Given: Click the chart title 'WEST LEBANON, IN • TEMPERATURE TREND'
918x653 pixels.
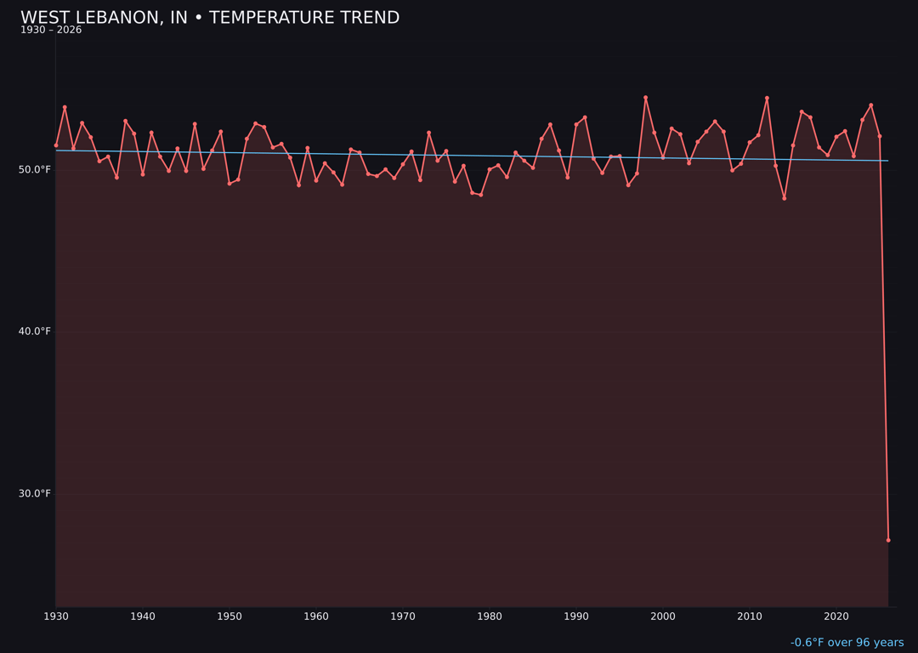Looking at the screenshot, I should point(210,18).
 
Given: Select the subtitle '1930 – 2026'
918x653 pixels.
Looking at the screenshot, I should point(51,31).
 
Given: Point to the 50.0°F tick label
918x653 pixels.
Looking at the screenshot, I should point(35,169).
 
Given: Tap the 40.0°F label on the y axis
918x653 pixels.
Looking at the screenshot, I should point(35,332).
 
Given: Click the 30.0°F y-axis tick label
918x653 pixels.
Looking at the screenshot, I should point(35,493).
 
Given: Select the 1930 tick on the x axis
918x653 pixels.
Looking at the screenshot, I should point(56,616).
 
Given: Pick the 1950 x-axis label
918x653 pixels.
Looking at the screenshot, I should point(229,616).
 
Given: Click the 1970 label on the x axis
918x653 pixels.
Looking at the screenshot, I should point(403,616).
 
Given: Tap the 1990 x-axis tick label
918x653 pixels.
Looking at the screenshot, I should point(576,616).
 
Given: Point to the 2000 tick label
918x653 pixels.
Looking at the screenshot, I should point(663,616).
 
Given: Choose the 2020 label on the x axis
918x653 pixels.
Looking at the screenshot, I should point(836,616).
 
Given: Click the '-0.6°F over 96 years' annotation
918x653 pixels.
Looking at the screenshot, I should point(847,643).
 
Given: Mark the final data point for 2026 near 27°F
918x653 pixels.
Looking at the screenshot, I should point(888,540).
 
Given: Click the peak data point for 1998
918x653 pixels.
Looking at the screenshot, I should point(645,98).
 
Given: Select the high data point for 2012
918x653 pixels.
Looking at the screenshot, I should point(767,98).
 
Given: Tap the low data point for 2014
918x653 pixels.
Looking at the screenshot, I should point(785,198).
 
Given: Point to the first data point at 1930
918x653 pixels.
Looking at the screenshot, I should point(56,145).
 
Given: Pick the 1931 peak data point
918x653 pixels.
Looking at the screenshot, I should point(65,107).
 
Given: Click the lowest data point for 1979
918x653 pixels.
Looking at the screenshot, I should point(481,195).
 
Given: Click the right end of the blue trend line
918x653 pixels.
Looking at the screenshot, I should point(888,161).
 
